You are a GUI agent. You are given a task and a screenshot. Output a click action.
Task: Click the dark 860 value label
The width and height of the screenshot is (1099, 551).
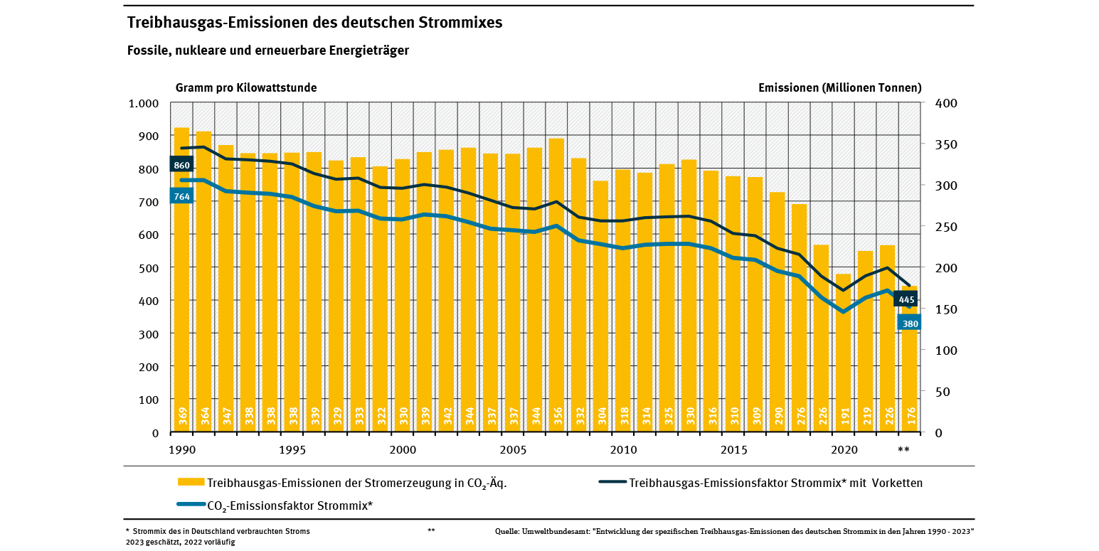[x=181, y=165]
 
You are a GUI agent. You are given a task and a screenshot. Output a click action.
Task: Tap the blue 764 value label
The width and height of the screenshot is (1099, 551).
[x=181, y=196]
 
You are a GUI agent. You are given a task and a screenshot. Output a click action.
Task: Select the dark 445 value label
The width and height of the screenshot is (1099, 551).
[x=906, y=299]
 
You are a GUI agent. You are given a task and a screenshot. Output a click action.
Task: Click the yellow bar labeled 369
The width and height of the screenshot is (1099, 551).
[x=182, y=280]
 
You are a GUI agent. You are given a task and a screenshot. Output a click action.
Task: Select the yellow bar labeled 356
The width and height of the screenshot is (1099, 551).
[x=556, y=285]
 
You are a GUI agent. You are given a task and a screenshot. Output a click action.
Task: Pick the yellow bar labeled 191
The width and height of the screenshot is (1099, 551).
[x=843, y=353]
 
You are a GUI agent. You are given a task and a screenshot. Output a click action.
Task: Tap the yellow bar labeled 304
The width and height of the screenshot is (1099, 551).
[x=600, y=307]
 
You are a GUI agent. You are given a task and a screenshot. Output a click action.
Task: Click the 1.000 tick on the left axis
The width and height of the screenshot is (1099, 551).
[x=143, y=103]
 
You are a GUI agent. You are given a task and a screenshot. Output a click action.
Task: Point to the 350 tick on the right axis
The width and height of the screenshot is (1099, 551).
[x=946, y=144]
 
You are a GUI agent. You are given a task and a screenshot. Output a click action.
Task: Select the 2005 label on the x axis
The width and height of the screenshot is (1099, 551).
[x=513, y=450]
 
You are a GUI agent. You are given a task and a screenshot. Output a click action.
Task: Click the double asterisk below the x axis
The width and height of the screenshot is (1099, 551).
[x=903, y=449]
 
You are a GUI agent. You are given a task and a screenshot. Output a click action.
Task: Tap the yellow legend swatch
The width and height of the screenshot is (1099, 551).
[x=191, y=482]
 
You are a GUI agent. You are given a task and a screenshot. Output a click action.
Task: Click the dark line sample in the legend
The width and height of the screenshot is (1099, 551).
[x=612, y=482]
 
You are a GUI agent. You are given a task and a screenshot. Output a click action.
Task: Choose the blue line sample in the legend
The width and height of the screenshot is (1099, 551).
[x=191, y=504]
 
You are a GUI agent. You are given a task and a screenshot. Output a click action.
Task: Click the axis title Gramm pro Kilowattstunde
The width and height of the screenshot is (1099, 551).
[x=246, y=87]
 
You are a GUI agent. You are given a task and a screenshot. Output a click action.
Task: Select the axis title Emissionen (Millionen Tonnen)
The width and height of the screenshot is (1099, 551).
[x=840, y=87]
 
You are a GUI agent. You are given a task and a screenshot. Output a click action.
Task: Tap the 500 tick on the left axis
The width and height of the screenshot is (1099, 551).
[x=149, y=268]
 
